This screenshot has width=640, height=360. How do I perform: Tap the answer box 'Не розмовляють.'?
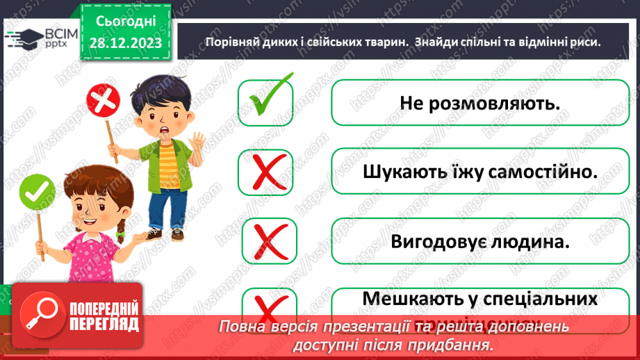coord(479,103)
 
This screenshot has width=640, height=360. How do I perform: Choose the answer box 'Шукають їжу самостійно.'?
coord(479,172)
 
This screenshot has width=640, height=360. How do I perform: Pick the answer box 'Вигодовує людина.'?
coord(479,241)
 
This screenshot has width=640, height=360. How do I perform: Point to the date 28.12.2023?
coord(125,43)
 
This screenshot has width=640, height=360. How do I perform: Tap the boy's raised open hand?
coord(198,145)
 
